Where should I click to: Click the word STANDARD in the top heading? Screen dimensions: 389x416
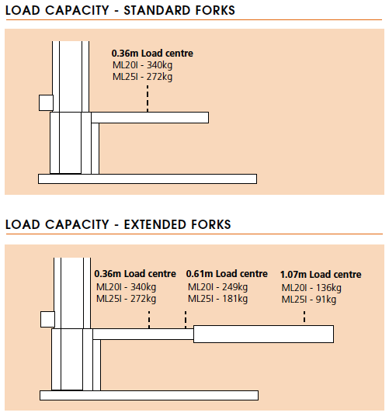tap(157, 10)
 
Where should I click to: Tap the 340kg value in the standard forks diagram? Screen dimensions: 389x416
tap(159, 65)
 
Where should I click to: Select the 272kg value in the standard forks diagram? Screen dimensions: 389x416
tap(159, 77)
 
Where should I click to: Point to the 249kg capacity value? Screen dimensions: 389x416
tap(234, 287)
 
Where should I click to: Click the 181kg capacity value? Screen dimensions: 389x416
tap(234, 299)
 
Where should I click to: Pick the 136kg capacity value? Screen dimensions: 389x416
tap(328, 288)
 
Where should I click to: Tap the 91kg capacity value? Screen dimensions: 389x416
tap(326, 300)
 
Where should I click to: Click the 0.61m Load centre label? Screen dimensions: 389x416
tap(227, 274)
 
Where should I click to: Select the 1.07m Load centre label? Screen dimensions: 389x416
tap(321, 275)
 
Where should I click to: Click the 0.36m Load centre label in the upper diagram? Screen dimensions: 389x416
tap(152, 54)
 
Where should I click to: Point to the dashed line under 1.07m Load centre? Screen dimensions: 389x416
tap(304, 317)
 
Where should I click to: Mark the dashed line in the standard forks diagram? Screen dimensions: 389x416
tap(148, 99)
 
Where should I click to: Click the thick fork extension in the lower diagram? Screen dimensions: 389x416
tap(263, 334)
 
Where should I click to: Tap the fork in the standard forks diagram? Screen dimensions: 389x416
tap(150, 117)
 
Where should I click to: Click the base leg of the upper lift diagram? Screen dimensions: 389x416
tap(148, 179)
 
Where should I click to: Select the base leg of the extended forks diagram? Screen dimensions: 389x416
tap(149, 395)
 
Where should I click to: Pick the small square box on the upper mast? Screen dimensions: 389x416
tap(46, 102)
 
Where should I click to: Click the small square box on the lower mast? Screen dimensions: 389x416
tap(48, 319)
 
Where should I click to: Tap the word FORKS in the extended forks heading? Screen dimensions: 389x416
tap(211, 224)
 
